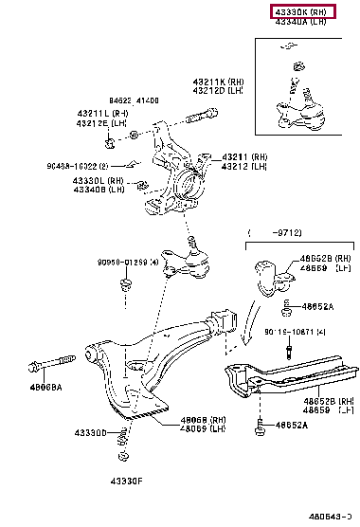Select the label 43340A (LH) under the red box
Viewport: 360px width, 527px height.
tap(302, 22)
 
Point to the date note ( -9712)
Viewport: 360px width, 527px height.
tap(274, 232)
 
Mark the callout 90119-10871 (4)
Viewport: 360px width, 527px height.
tap(297, 332)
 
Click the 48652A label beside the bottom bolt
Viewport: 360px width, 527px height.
tap(292, 426)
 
